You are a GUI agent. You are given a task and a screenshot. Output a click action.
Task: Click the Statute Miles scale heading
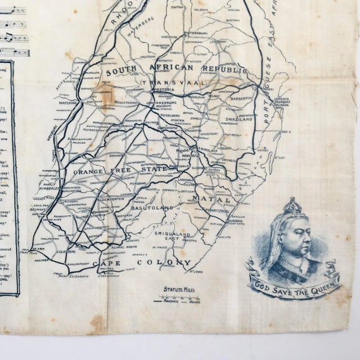click(179, 289)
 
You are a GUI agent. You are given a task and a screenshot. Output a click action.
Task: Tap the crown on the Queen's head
click(292, 206)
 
